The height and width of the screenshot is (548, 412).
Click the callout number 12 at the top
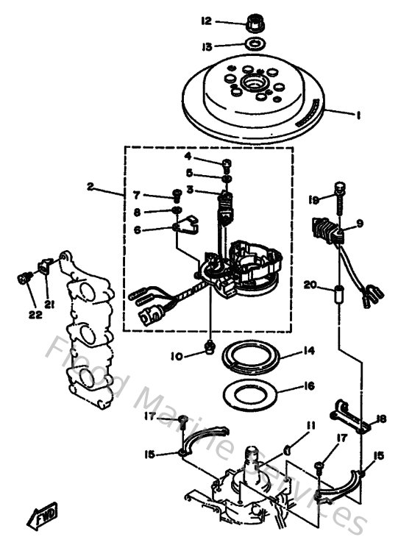click(207, 21)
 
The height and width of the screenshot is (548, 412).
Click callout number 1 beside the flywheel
click(358, 115)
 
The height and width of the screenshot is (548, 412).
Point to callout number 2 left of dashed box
click(90, 188)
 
